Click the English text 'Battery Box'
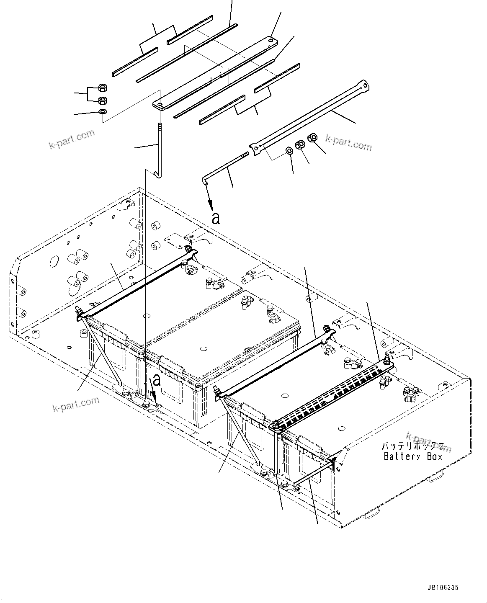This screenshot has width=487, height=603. point(413,456)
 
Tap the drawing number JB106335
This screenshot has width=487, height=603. point(443,588)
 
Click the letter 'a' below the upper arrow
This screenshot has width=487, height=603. point(216,218)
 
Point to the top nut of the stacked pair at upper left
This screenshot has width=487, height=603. point(102,88)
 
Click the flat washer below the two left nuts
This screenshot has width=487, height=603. point(102,111)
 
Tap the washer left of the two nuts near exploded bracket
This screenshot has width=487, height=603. point(289,151)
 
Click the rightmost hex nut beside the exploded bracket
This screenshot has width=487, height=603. point(312,137)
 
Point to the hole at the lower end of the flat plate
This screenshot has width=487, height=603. point(160,102)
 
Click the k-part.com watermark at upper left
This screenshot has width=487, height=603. point(72,139)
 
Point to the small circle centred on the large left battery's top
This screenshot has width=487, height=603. point(204,348)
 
